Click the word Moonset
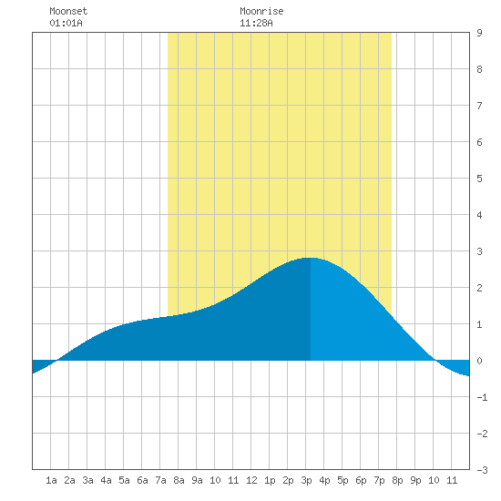tap(68, 11)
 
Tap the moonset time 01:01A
tap(66, 23)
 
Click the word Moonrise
tap(261, 11)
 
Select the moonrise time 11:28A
tap(256, 23)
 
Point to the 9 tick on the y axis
tap(479, 33)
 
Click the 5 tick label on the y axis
tap(479, 179)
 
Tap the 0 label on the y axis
tap(479, 361)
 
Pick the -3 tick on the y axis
tap(482, 470)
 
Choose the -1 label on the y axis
tap(482, 397)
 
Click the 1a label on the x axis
tap(51, 480)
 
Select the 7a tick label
tap(160, 480)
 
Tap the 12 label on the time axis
tap(251, 480)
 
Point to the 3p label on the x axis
tap(306, 480)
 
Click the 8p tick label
tap(397, 480)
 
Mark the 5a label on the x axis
tap(124, 480)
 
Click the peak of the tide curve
tap(311, 258)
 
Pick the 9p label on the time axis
tap(415, 480)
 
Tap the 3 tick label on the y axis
tap(479, 251)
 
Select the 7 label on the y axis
tap(479, 106)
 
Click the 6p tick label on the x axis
tap(361, 480)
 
